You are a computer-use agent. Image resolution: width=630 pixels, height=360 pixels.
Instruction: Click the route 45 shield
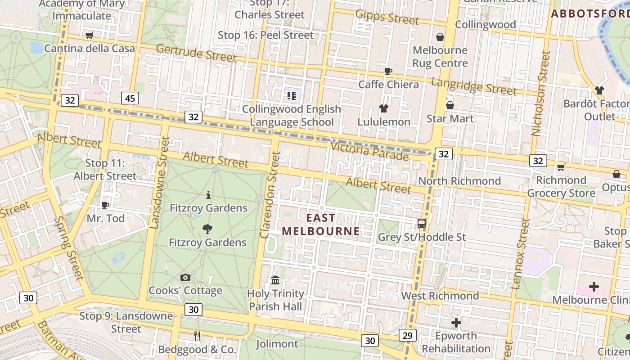pyautogui.click(x=130, y=98)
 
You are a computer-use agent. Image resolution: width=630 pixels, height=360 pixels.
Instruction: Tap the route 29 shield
pyautogui.click(x=407, y=335)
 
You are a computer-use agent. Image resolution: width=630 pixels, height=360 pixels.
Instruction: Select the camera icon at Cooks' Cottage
pyautogui.click(x=185, y=277)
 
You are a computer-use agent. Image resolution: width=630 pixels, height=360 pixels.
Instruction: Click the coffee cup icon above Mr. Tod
pyautogui.click(x=105, y=205)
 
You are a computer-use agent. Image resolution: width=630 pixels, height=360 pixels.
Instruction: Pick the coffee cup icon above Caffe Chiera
pyautogui.click(x=388, y=71)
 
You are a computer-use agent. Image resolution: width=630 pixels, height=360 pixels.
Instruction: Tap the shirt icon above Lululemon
pyautogui.click(x=383, y=108)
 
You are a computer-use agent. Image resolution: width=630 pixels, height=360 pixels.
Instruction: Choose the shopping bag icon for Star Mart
pyautogui.click(x=450, y=105)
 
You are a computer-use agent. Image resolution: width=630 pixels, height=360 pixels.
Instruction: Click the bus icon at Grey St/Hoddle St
pyautogui.click(x=422, y=223)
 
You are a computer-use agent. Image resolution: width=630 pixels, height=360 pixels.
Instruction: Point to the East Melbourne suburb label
pyautogui.click(x=321, y=225)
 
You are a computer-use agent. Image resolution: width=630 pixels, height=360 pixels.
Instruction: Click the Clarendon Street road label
pyautogui.click(x=270, y=194)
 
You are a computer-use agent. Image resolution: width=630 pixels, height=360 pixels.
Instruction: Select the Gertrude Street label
pyautogui.click(x=196, y=53)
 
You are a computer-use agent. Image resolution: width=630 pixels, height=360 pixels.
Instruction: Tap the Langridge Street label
pyautogui.click(x=474, y=86)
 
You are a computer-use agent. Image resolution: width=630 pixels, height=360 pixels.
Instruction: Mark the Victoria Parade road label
pyautogui.click(x=369, y=151)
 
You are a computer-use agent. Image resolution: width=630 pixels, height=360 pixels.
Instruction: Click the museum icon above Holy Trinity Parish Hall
pyautogui.click(x=275, y=280)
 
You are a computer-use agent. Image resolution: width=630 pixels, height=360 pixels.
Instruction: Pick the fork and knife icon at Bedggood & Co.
pyautogui.click(x=197, y=336)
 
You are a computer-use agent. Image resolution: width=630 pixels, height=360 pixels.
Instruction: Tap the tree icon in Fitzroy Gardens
pyautogui.click(x=207, y=229)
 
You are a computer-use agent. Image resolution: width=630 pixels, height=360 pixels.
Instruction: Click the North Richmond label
pyautogui.click(x=459, y=181)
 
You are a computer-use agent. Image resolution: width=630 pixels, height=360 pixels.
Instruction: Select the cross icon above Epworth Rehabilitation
pyautogui.click(x=456, y=322)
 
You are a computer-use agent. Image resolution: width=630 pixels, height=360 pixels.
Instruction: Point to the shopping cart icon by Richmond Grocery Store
pyautogui.click(x=561, y=167)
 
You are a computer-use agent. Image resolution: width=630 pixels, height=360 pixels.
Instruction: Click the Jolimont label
pyautogui.click(x=277, y=344)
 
